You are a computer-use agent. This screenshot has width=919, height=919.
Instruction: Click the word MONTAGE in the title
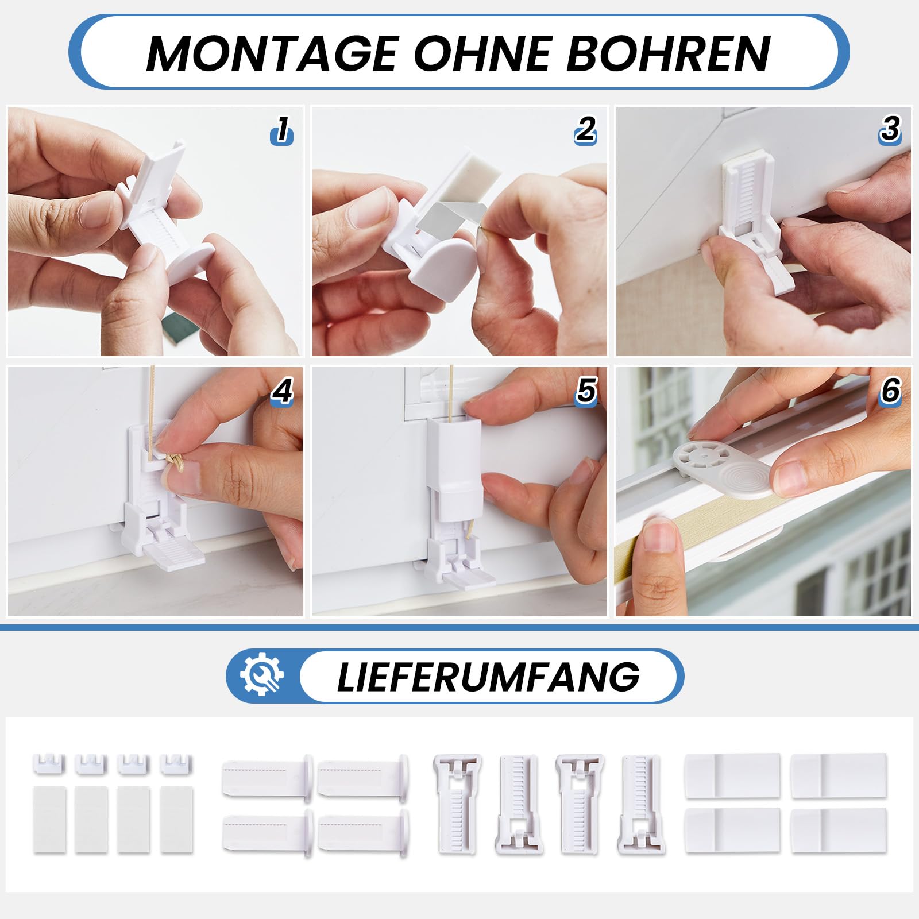pyautogui.click(x=273, y=53)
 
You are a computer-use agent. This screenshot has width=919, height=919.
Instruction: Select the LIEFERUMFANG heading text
pyautogui.click(x=488, y=677)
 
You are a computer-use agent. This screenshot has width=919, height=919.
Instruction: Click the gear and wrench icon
pyautogui.click(x=262, y=675)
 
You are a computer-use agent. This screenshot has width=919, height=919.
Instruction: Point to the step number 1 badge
pyautogui.click(x=282, y=130)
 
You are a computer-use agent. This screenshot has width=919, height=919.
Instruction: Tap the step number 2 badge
pyautogui.click(x=586, y=130)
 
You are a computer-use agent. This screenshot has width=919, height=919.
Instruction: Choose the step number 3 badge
pyautogui.click(x=890, y=130)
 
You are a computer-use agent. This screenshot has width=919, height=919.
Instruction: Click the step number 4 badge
pyautogui.click(x=282, y=392)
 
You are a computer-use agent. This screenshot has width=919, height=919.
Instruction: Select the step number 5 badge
pyautogui.click(x=586, y=392)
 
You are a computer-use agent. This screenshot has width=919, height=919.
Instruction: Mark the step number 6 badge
pyautogui.click(x=890, y=392)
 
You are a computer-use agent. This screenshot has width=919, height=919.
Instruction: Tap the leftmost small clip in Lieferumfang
pyautogui.click(x=49, y=764)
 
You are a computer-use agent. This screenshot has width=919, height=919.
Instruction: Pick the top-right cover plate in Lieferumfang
pyautogui.click(x=839, y=775)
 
